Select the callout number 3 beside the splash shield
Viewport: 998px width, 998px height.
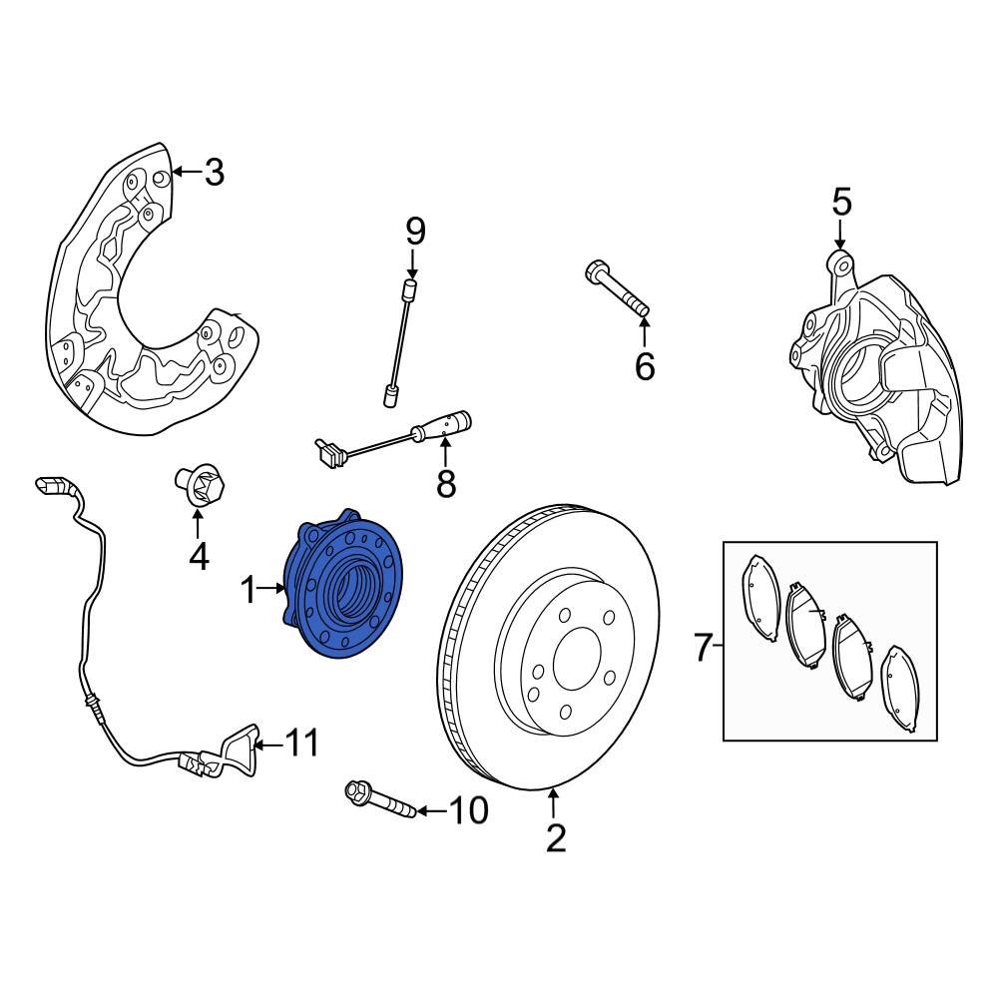pos(214,173)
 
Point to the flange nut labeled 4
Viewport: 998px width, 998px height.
pos(200,486)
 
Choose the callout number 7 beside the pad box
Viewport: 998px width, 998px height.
pos(703,649)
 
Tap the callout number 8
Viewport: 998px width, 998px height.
pos(446,484)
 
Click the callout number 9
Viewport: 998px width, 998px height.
pos(415,232)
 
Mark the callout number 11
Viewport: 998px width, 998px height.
pos(302,743)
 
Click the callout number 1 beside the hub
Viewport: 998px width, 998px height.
pos(249,591)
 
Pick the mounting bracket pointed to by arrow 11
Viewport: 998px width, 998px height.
pos(241,748)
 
